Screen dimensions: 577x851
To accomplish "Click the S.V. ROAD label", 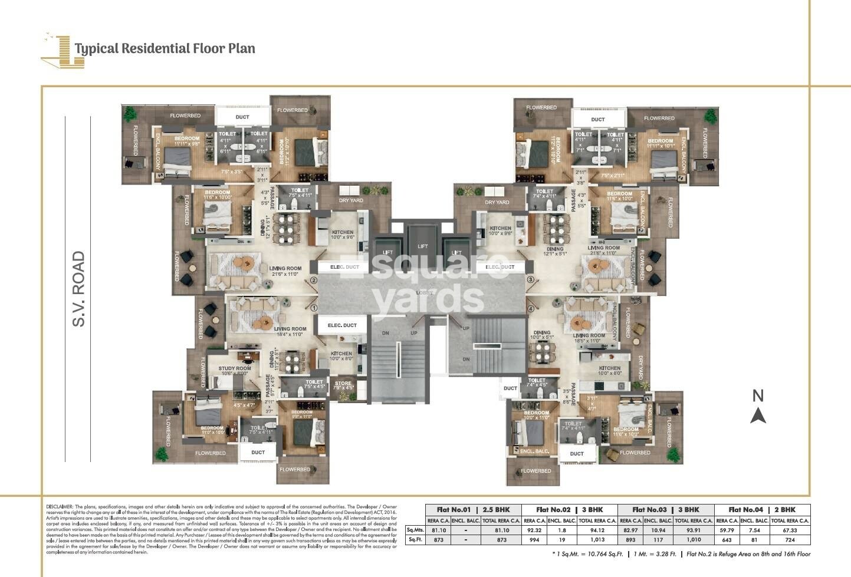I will coord(78,289).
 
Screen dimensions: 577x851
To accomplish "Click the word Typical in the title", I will coord(97,48).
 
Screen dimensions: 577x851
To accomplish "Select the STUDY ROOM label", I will coord(235,368).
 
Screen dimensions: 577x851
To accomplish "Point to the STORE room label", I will coord(343,384).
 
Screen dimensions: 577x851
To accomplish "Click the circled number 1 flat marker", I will coord(314,308).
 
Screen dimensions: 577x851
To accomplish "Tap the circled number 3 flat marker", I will coord(531,279).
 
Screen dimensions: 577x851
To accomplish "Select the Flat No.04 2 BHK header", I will coord(761,510).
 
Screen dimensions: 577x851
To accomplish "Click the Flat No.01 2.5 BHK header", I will coord(472,510).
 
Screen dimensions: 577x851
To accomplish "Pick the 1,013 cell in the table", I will coord(597,540).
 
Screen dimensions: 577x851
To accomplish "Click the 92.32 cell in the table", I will coord(534,530).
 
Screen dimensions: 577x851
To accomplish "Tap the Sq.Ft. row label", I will coord(415,540).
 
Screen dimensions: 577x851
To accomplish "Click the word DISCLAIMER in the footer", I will coord(59,507).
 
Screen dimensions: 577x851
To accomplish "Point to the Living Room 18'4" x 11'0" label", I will coord(290,331).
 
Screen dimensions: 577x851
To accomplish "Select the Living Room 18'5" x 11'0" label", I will coord(589,338).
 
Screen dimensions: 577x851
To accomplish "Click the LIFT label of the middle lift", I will coord(422,246).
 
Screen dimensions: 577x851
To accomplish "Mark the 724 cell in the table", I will coord(790,540).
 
